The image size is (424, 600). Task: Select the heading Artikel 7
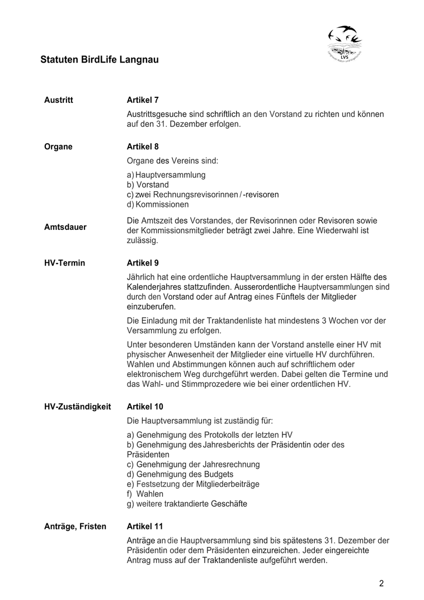pos(143,100)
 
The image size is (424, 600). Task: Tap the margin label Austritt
pos(59,100)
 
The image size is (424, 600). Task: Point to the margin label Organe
pos(58,147)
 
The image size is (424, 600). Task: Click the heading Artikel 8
pos(143,147)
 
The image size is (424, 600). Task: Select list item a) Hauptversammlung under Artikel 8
pos(166,175)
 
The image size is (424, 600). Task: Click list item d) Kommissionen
pos(158,205)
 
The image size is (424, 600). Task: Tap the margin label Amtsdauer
pos(65,227)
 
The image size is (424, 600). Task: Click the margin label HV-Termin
pos(65,263)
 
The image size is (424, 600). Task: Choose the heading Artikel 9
pos(143,263)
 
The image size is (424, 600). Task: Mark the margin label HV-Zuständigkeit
pos(77,407)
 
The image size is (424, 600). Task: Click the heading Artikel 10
pos(145,407)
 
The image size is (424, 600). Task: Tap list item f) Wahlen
pos(145,494)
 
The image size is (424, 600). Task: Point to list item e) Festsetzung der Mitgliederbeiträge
pos(193,484)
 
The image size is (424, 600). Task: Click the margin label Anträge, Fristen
pos(75,527)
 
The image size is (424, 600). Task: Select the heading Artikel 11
pos(145,527)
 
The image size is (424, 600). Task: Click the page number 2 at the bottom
pos(381,584)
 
